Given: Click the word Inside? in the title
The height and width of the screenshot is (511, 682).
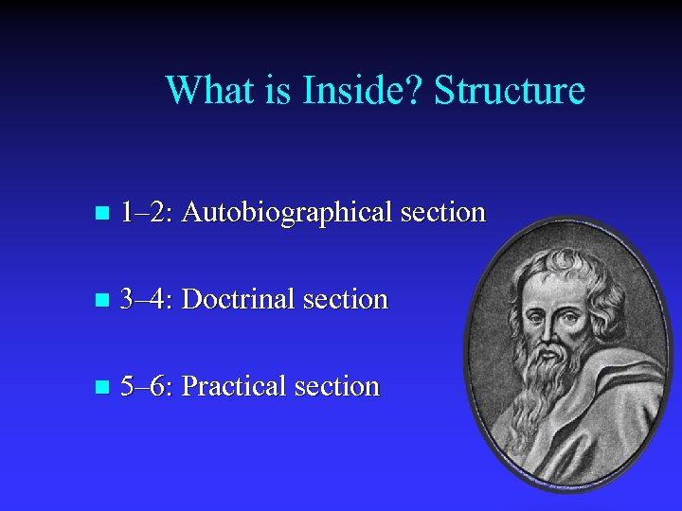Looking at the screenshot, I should coord(363,91).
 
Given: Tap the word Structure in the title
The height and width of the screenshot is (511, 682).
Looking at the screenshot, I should coord(510,91).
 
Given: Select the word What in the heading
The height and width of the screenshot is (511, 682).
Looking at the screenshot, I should coord(207,91).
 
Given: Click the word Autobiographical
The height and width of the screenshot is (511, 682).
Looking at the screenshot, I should coord(287,213).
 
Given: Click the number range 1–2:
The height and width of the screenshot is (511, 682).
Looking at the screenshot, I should coord(147,213).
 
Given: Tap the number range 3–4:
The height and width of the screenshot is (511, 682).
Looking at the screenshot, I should coord(147,300).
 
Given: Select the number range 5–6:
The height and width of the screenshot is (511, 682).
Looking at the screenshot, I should coord(147,387).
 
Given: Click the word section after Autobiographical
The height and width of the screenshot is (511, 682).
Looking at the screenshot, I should coord(442,213).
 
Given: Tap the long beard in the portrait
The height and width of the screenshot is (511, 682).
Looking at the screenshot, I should coord(544,388).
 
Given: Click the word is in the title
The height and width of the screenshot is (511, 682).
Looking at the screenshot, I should coord(278,91).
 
